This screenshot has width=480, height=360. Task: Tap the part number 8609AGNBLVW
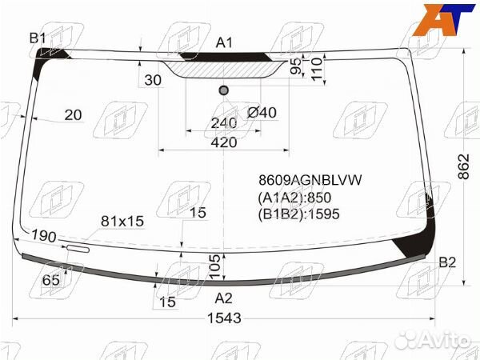tap(309, 181)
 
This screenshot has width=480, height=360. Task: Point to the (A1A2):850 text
tap(294, 198)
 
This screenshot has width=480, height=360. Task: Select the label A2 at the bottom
tap(224, 298)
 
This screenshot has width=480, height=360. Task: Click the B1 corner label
tap(38, 38)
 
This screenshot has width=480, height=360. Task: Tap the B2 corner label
tap(447, 263)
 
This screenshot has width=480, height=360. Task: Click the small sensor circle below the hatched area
tap(224, 90)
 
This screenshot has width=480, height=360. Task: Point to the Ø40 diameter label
tap(262, 113)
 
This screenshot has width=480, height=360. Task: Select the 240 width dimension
tap(224, 123)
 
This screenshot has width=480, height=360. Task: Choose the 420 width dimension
tap(224, 142)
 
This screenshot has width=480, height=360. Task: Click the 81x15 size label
tap(122, 221)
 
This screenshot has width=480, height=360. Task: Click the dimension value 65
tap(51, 279)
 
